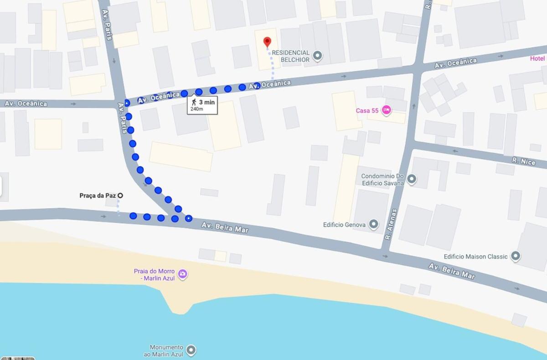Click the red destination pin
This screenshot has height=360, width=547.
click(267, 42)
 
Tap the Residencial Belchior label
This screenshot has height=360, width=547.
click(291, 56)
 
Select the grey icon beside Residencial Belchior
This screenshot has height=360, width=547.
click(318, 57)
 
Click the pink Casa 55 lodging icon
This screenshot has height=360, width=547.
click(387, 110)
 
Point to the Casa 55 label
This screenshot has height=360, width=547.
click(367, 111)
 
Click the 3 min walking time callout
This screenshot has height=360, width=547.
click(202, 105)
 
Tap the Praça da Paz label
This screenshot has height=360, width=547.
click(98, 195)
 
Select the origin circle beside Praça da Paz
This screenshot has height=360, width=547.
click(120, 195)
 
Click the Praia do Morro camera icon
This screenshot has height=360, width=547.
click(183, 274)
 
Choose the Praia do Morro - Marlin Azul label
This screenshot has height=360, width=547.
click(154, 274)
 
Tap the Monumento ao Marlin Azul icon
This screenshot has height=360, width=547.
click(191, 350)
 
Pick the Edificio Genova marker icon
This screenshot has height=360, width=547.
click(374, 224)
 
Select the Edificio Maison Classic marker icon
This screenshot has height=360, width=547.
click(516, 257)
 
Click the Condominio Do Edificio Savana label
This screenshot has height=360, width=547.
click(382, 180)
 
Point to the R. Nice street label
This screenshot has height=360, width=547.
click(523, 160)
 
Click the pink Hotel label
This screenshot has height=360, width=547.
click(537, 58)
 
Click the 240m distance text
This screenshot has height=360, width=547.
click(197, 109)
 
